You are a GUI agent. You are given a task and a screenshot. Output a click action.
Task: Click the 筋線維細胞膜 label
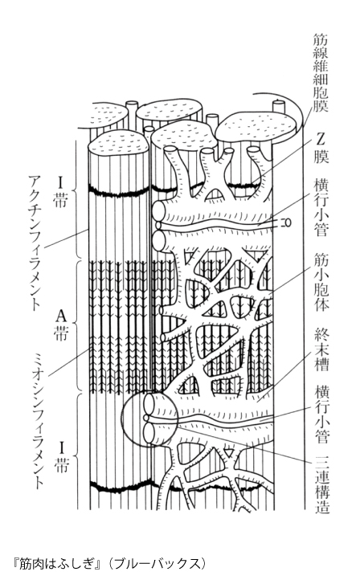[321, 72]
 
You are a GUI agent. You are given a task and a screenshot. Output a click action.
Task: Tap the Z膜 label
[321, 148]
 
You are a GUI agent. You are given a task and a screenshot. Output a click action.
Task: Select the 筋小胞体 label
[321, 282]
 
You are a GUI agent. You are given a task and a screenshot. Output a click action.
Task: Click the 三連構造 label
[321, 484]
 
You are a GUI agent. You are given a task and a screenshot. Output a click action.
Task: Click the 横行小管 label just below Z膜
[321, 209]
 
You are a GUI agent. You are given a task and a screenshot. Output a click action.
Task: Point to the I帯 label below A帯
[61, 457]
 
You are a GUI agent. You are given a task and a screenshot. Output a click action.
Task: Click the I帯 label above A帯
[61, 192]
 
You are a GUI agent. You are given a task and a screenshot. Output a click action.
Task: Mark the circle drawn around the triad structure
[121, 419]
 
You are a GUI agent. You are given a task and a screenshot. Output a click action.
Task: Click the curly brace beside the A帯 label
[76, 325]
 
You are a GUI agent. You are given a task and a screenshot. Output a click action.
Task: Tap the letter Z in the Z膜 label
[321, 140]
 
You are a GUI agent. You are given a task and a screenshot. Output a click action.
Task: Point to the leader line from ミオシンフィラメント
[69, 361]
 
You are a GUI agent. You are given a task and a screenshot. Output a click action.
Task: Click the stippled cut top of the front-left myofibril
[118, 145]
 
